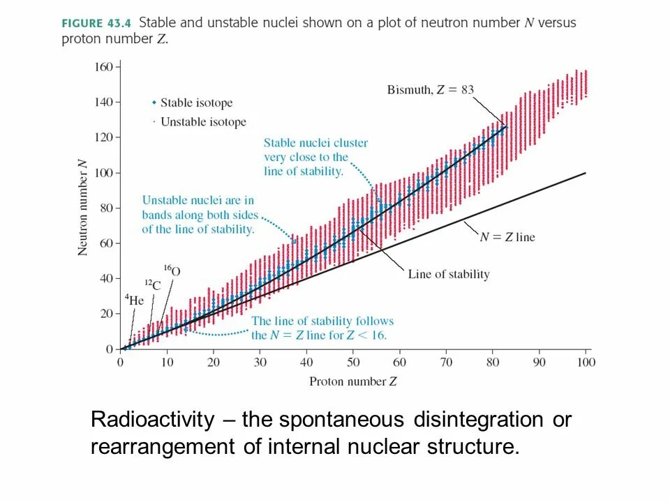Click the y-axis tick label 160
point(103,68)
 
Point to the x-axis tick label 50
point(353,363)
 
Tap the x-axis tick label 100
point(586,363)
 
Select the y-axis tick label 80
point(105,208)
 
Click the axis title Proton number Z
point(353,381)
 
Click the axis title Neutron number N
point(82,208)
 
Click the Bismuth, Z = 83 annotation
point(431,89)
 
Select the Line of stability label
point(449,274)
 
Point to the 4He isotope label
point(135,301)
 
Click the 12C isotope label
point(152,284)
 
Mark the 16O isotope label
point(171,270)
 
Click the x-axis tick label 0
point(121,363)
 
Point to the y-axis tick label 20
point(105,314)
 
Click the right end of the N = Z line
point(585,173)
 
